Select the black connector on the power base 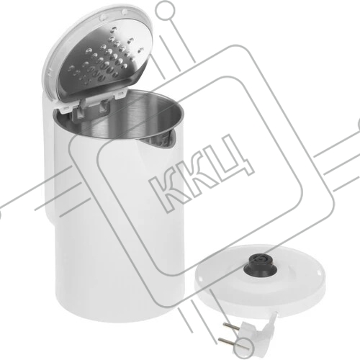point(260,266)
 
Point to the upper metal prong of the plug point(232,327)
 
